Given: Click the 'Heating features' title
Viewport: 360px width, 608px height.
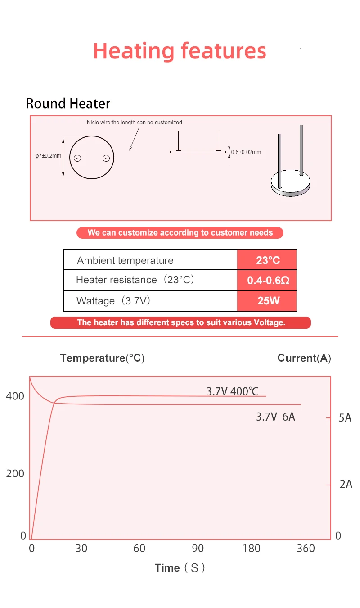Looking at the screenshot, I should pyautogui.click(x=180, y=51).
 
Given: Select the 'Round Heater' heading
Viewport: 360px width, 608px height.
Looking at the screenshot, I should pyautogui.click(x=68, y=104).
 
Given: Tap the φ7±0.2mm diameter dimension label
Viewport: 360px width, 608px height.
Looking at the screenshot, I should pyautogui.click(x=48, y=156).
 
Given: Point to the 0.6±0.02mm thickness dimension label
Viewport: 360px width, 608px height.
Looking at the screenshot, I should pyautogui.click(x=246, y=152).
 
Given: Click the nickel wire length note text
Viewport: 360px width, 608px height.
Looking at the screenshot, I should pyautogui.click(x=134, y=123).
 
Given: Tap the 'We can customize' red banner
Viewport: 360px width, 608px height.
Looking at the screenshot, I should pyautogui.click(x=180, y=233).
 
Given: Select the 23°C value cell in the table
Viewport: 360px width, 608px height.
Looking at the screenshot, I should pyautogui.click(x=267, y=260).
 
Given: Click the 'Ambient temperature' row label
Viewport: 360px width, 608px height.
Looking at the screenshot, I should pyautogui.click(x=125, y=260).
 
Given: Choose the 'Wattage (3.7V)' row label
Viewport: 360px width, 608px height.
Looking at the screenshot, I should pyautogui.click(x=113, y=301).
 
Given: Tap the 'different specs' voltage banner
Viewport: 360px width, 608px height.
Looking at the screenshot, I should pyautogui.click(x=181, y=322).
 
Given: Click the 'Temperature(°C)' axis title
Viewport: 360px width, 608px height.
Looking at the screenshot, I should pyautogui.click(x=102, y=358).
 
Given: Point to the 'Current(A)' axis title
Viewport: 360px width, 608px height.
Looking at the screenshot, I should pyautogui.click(x=304, y=358).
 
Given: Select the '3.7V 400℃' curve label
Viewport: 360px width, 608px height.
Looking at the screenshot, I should pyautogui.click(x=232, y=391).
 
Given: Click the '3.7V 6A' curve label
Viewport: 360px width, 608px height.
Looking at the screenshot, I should pyautogui.click(x=275, y=417).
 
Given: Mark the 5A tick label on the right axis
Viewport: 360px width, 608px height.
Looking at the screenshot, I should pyautogui.click(x=345, y=418).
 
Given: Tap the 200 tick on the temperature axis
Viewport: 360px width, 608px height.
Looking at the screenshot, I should pyautogui.click(x=15, y=473).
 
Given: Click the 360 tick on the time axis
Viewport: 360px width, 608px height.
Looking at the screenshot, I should pyautogui.click(x=306, y=548).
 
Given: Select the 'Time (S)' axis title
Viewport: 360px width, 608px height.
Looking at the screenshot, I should pyautogui.click(x=180, y=568).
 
